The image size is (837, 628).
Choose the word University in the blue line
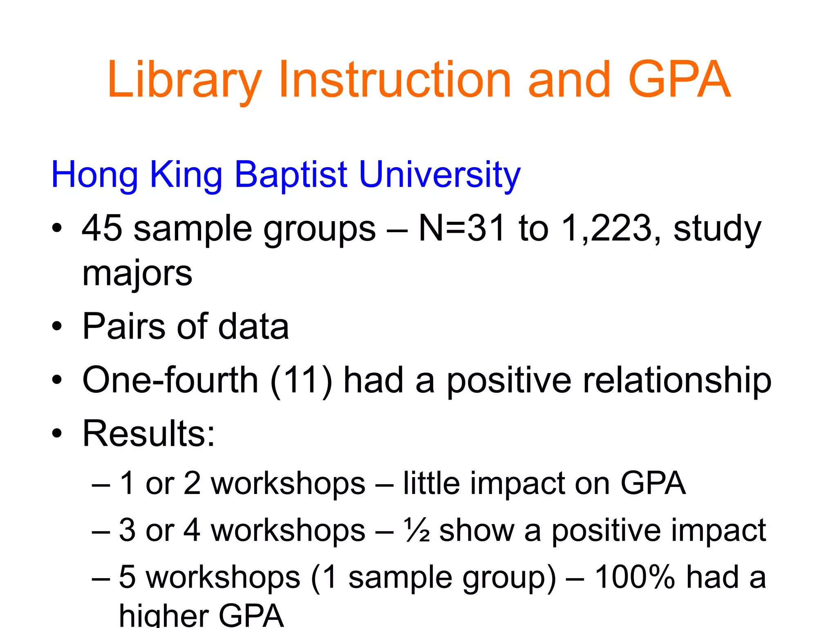(x=439, y=175)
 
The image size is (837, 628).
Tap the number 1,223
(x=606, y=229)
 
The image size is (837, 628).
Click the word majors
(x=137, y=274)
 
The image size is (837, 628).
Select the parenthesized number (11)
(x=301, y=380)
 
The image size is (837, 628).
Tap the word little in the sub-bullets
(x=432, y=483)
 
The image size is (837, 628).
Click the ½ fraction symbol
(x=416, y=530)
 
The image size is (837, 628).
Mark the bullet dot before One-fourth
(x=57, y=380)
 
